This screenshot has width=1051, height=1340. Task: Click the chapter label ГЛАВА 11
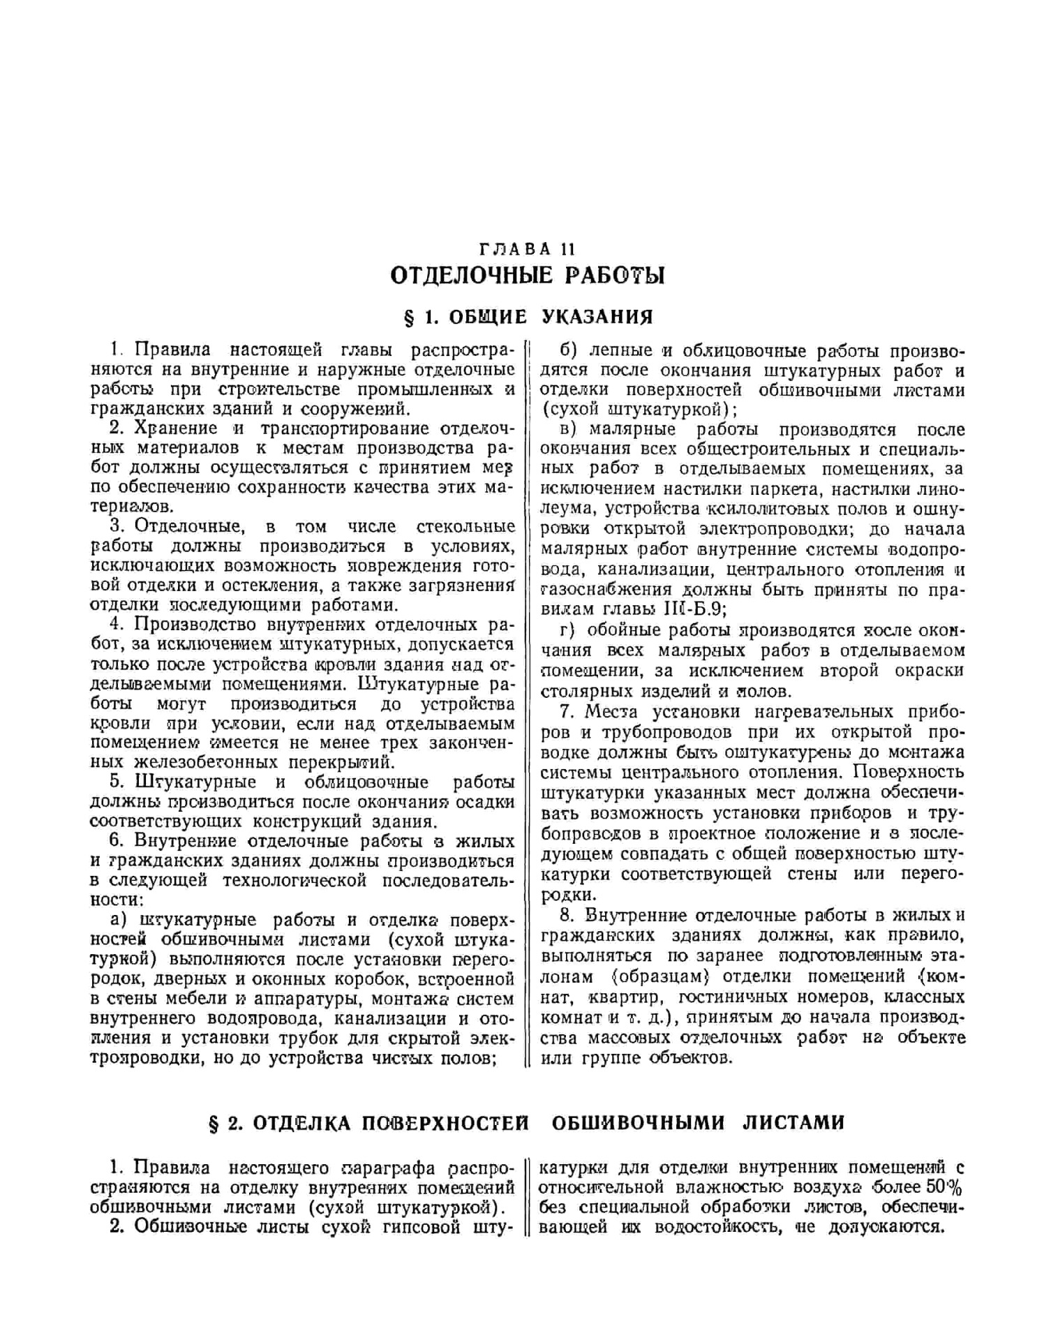pyautogui.click(x=527, y=249)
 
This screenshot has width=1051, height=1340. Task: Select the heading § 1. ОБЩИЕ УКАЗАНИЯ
pyautogui.click(x=528, y=318)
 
